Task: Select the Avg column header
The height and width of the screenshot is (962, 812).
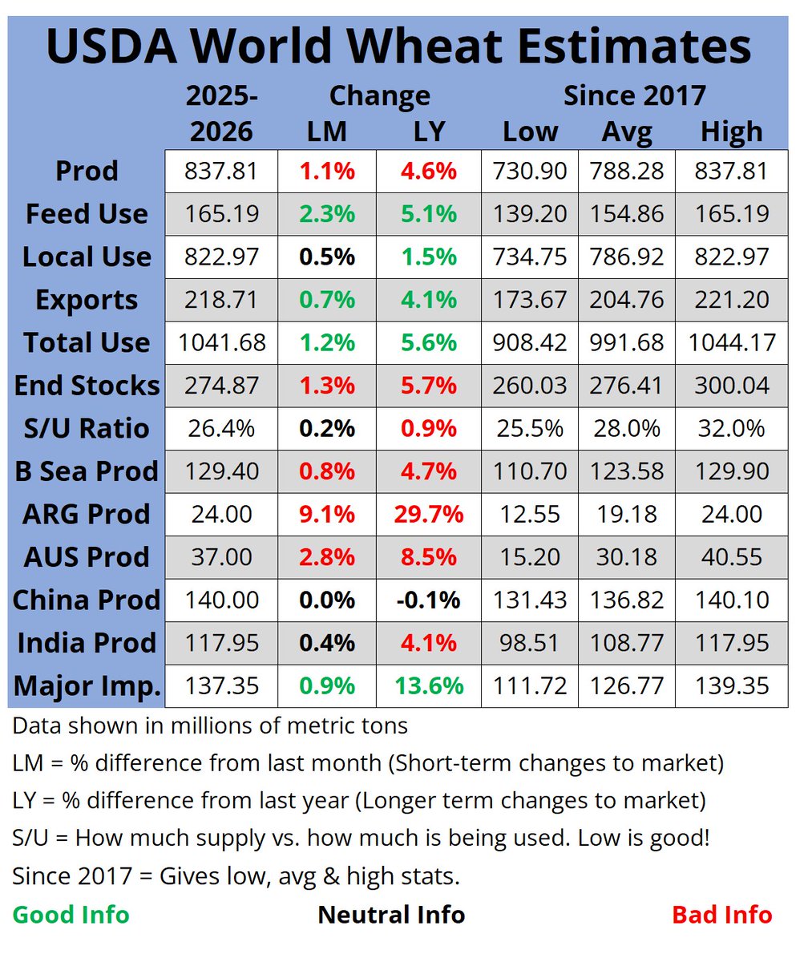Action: coord(626,131)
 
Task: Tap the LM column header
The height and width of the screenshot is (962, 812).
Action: coord(327,131)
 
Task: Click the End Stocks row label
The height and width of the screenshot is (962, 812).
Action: coord(87,386)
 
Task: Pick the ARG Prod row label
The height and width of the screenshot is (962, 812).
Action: coord(87,514)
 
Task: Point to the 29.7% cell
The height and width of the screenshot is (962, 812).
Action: coord(428,514)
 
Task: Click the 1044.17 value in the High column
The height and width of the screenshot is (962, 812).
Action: coord(731,343)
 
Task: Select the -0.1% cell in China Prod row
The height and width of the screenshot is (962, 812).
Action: coord(428,600)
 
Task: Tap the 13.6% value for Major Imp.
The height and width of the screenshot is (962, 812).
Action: coord(428,685)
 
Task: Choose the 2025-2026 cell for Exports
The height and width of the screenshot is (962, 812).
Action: coord(221,300)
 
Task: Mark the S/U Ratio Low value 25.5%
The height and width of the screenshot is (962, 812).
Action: coord(530,428)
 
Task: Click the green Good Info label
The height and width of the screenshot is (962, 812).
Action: coord(71,915)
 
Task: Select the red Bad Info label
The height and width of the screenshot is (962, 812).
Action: coord(721,915)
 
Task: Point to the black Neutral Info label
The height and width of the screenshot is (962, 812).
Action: coord(391,915)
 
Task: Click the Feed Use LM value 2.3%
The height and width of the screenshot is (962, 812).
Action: coord(327,214)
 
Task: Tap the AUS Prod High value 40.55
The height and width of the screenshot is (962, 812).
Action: coord(731,557)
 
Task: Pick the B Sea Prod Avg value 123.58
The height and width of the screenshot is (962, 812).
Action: coord(626,471)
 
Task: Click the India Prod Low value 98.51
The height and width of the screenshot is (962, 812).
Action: coord(530,643)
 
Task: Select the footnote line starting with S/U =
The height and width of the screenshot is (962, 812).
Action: coord(361,839)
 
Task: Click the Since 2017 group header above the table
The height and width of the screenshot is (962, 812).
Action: coord(634,96)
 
